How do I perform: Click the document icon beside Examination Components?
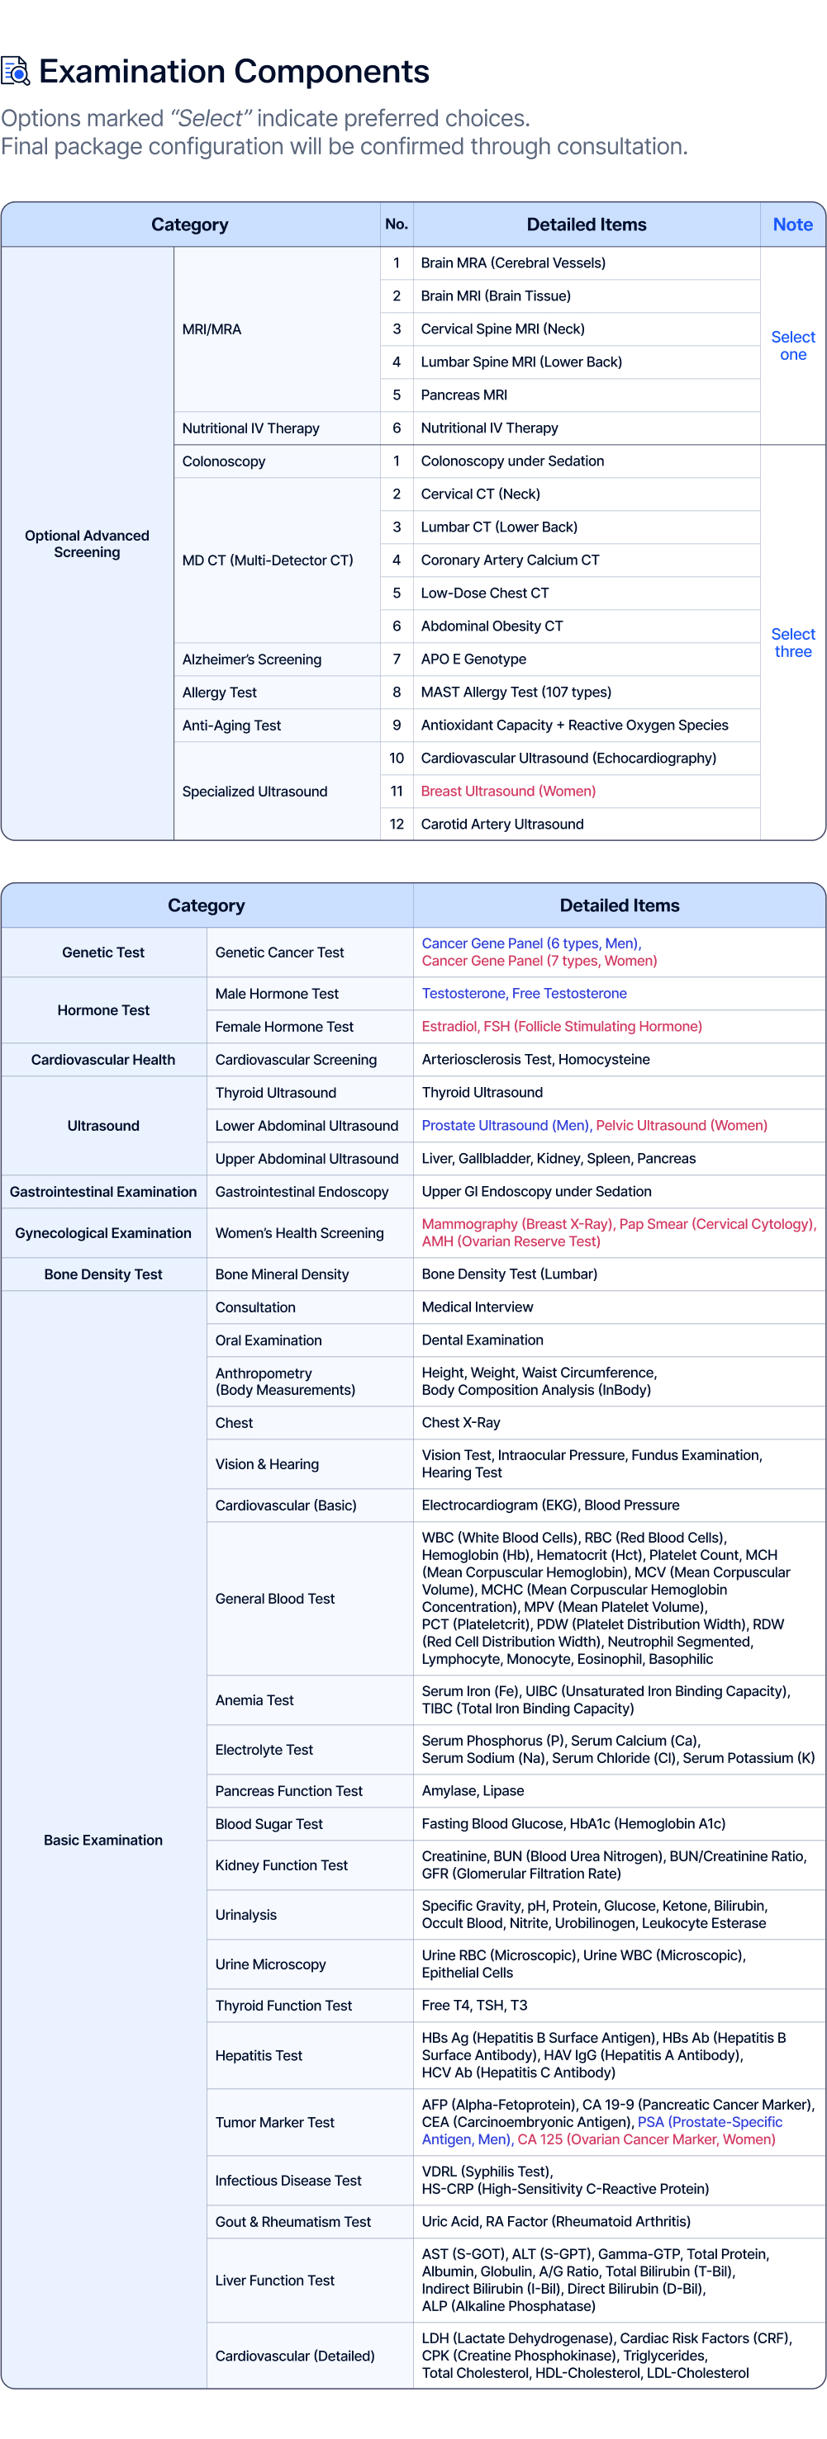coord(15,71)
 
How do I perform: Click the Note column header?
coord(792,225)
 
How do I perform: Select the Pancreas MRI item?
coord(464,395)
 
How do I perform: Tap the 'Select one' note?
coord(792,346)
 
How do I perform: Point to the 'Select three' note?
coord(792,643)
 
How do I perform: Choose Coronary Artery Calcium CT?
coord(510,560)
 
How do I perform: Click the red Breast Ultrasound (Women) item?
coord(508,791)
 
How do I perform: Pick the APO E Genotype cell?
coord(473,659)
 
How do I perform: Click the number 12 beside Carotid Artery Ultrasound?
coord(396,824)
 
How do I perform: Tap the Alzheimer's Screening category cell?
coord(252,659)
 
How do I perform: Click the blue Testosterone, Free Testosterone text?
coord(524,993)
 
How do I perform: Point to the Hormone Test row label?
coord(103,1010)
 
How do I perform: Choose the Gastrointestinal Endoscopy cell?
coord(302,1191)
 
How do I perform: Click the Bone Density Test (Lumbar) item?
coord(509,1274)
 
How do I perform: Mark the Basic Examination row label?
coord(103,1840)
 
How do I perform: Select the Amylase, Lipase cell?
coord(473,1790)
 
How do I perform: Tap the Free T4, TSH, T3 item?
coord(474,2006)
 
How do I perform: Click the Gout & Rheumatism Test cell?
coord(292,2221)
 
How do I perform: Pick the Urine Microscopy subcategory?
coord(270,1964)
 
